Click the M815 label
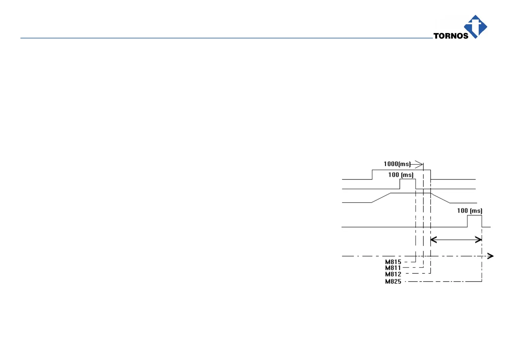(393, 262)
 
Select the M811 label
(393, 268)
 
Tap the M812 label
(393, 274)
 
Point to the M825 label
(393, 281)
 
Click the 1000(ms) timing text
(397, 164)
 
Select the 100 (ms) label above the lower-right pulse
(469, 210)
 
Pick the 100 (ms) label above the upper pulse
(401, 175)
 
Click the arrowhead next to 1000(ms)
(419, 164)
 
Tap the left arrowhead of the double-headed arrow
(433, 240)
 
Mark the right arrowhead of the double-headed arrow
(479, 240)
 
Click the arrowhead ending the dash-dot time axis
(490, 256)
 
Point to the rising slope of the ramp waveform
(381, 198)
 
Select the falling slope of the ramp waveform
(440, 198)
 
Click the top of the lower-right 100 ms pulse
(474, 215)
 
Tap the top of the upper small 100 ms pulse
(408, 179)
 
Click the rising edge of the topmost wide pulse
(372, 174)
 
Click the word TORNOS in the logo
(451, 36)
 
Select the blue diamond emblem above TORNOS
(475, 26)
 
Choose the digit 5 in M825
(399, 281)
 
